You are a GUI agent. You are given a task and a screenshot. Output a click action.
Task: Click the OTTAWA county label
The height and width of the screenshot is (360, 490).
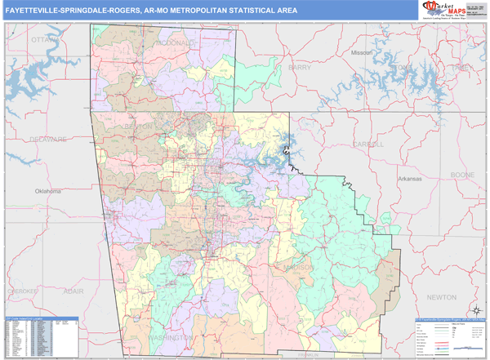pos(40,39)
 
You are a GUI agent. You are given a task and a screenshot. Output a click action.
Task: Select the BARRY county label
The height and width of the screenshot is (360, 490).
pos(300,68)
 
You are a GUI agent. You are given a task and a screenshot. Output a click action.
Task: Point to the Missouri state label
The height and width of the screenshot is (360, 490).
pos(362,52)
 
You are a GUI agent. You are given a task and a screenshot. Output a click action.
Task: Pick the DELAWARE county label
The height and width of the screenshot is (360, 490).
pos(47,140)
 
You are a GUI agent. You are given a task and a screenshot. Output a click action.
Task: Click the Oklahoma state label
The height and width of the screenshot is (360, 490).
pos(47,191)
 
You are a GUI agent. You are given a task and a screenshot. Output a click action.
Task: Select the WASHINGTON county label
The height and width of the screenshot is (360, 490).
pos(171,336)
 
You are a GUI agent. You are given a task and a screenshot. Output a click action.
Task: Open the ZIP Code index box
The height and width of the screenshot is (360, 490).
pos(42,336)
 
